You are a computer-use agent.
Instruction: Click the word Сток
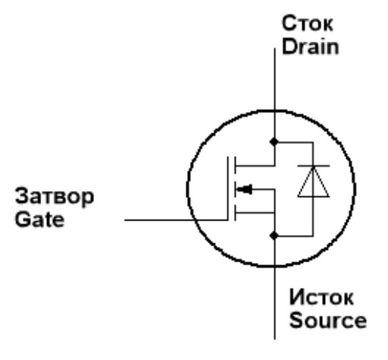pyautogui.click(x=308, y=23)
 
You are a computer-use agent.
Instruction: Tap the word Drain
pyautogui.click(x=310, y=47)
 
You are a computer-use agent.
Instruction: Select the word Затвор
pyautogui.click(x=55, y=196)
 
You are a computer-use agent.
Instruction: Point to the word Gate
pyautogui.click(x=39, y=219)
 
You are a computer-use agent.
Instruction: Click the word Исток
pyautogui.click(x=321, y=297)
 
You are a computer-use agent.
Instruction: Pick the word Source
pyautogui.click(x=328, y=320)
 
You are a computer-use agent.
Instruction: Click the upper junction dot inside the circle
pyautogui.click(x=274, y=142)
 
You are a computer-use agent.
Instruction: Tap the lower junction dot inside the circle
pyautogui.click(x=274, y=236)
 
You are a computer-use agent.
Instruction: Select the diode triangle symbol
pyautogui.click(x=314, y=182)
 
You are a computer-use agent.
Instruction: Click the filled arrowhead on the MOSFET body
pyautogui.click(x=245, y=189)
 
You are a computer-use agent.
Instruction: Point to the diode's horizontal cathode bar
pyautogui.click(x=314, y=166)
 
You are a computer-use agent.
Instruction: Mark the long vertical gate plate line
pyautogui.click(x=228, y=189)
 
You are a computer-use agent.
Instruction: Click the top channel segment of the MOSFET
pyautogui.click(x=235, y=165)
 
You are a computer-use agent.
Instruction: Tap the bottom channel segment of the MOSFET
pyautogui.click(x=235, y=213)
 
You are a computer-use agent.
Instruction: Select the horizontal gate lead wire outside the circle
pyautogui.click(x=159, y=220)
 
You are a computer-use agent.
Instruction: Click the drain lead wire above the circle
pyautogui.click(x=274, y=79)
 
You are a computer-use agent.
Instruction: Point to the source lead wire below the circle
pyautogui.click(x=274, y=302)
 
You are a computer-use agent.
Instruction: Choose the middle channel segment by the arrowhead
pyautogui.click(x=235, y=189)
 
